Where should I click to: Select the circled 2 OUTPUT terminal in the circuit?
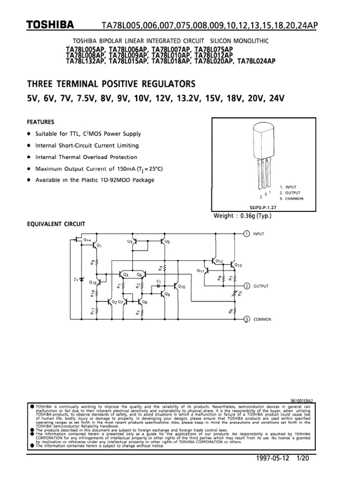tap(247, 285)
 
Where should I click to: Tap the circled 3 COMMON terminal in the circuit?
tap(247, 319)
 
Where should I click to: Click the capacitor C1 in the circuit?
tap(159, 285)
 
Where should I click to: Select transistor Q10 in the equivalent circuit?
tap(176, 285)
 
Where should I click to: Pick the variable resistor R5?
tap(235, 293)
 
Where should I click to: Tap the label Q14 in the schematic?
tap(87, 240)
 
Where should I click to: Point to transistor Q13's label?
tap(238, 266)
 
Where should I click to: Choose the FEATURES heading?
tap(40, 121)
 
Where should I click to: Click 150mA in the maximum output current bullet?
tap(119, 169)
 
